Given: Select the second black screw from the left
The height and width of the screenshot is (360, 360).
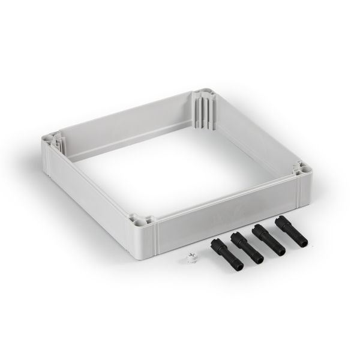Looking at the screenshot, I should point(247,247).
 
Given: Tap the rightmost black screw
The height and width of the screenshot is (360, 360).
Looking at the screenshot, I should point(290,232).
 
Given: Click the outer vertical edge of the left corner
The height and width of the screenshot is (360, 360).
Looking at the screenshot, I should point(44,155).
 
